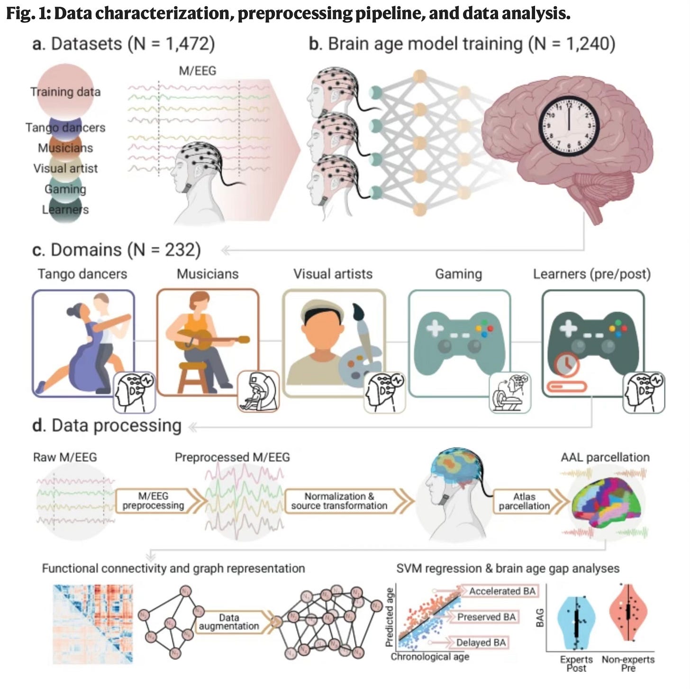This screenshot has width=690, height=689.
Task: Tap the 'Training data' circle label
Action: click(x=65, y=92)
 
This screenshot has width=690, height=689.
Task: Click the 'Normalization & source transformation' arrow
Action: click(x=339, y=501)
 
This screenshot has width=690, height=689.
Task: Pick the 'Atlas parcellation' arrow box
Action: click(x=524, y=501)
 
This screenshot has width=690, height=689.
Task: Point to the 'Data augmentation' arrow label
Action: click(x=229, y=622)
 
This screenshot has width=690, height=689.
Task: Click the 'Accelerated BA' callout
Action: click(x=502, y=591)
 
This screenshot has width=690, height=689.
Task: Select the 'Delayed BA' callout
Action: click(x=481, y=642)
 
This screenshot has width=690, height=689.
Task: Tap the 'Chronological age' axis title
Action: click(x=430, y=657)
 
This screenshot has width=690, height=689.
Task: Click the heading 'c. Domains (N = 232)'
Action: click(x=117, y=250)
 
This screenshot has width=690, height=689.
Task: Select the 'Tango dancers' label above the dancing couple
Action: click(x=82, y=274)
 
